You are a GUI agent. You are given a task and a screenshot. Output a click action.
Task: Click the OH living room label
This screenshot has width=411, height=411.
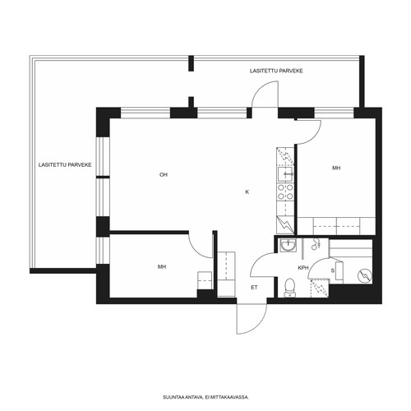click(164, 175)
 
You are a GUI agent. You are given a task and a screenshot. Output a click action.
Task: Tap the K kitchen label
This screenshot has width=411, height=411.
click(247, 192)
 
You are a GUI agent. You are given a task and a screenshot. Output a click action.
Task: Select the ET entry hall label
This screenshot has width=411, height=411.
click(254, 288)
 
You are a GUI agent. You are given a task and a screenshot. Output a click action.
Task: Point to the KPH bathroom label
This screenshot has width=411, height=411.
click(303, 268)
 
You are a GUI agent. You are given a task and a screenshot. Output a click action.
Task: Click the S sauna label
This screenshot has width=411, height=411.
click(333, 270)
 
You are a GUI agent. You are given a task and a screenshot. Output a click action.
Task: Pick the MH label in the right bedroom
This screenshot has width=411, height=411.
click(336, 168)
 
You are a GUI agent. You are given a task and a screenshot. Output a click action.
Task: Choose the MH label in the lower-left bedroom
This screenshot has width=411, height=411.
click(162, 266)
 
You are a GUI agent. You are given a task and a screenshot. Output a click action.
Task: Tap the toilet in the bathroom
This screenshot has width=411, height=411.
click(289, 288)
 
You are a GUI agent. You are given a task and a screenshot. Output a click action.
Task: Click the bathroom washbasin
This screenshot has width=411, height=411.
click(288, 245)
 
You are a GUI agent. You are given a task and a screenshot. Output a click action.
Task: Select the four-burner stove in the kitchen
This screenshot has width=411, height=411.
click(285, 192)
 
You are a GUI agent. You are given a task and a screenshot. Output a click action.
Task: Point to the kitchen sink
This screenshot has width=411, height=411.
click(285, 174)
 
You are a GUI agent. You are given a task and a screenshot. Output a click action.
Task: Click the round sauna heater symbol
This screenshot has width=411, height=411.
click(365, 275)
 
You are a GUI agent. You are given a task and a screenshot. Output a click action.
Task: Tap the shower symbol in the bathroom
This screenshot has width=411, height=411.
click(316, 243)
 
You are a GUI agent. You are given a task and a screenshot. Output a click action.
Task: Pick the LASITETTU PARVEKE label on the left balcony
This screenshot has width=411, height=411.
click(65, 165)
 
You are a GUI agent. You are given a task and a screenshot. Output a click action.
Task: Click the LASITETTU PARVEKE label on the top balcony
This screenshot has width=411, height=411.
click(276, 71)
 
